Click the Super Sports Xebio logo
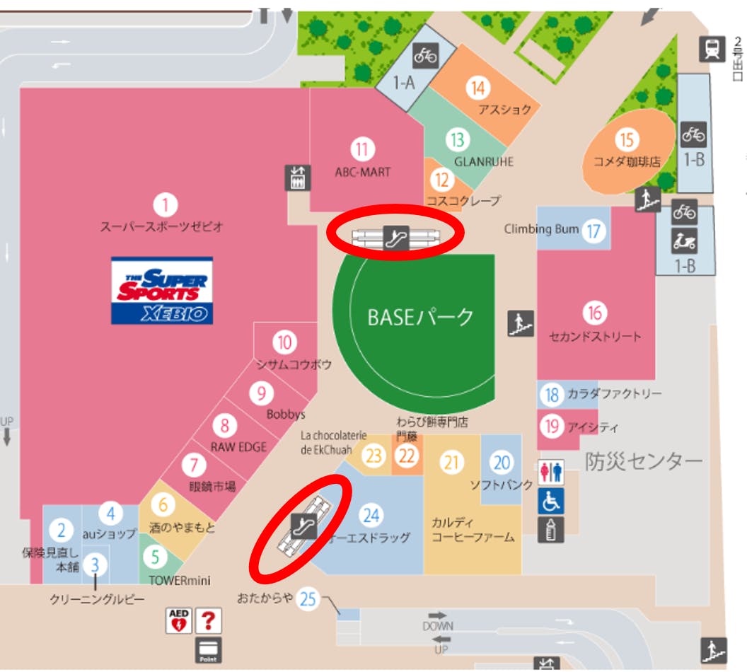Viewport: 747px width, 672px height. [x=162, y=290]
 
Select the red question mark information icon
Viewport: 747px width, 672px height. [x=208, y=621]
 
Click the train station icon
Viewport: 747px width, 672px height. [x=711, y=49]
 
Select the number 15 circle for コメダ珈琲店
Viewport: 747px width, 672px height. [x=627, y=139]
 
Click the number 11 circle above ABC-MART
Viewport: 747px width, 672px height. [x=363, y=149]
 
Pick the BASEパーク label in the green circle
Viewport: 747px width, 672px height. [x=420, y=317]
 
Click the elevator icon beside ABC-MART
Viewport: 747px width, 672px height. [x=298, y=178]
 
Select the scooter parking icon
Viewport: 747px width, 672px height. [x=685, y=241]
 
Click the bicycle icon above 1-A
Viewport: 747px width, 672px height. [x=426, y=54]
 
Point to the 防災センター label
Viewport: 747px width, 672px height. [x=644, y=462]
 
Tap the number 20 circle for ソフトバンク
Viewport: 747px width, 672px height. [x=502, y=463]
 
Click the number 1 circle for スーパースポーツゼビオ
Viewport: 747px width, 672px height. [x=166, y=206]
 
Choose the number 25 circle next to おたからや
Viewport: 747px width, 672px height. [x=308, y=599]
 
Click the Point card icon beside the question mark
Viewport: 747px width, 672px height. [x=209, y=649]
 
